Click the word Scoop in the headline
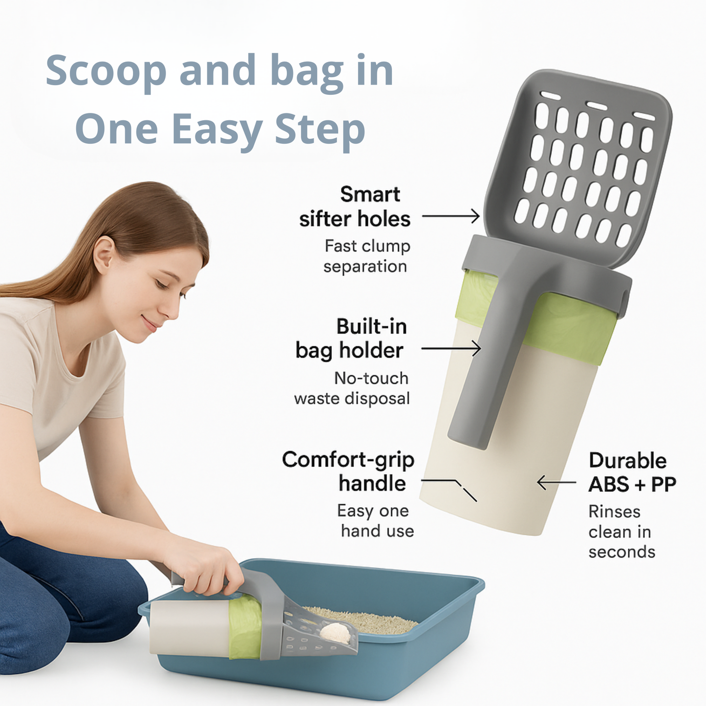click(106, 71)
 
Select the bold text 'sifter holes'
click(355, 219)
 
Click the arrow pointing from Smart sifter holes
click(450, 215)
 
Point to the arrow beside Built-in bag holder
click(450, 348)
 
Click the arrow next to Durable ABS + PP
click(556, 483)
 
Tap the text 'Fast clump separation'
click(366, 256)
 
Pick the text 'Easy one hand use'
click(375, 521)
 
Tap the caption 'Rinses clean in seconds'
click(621, 532)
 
